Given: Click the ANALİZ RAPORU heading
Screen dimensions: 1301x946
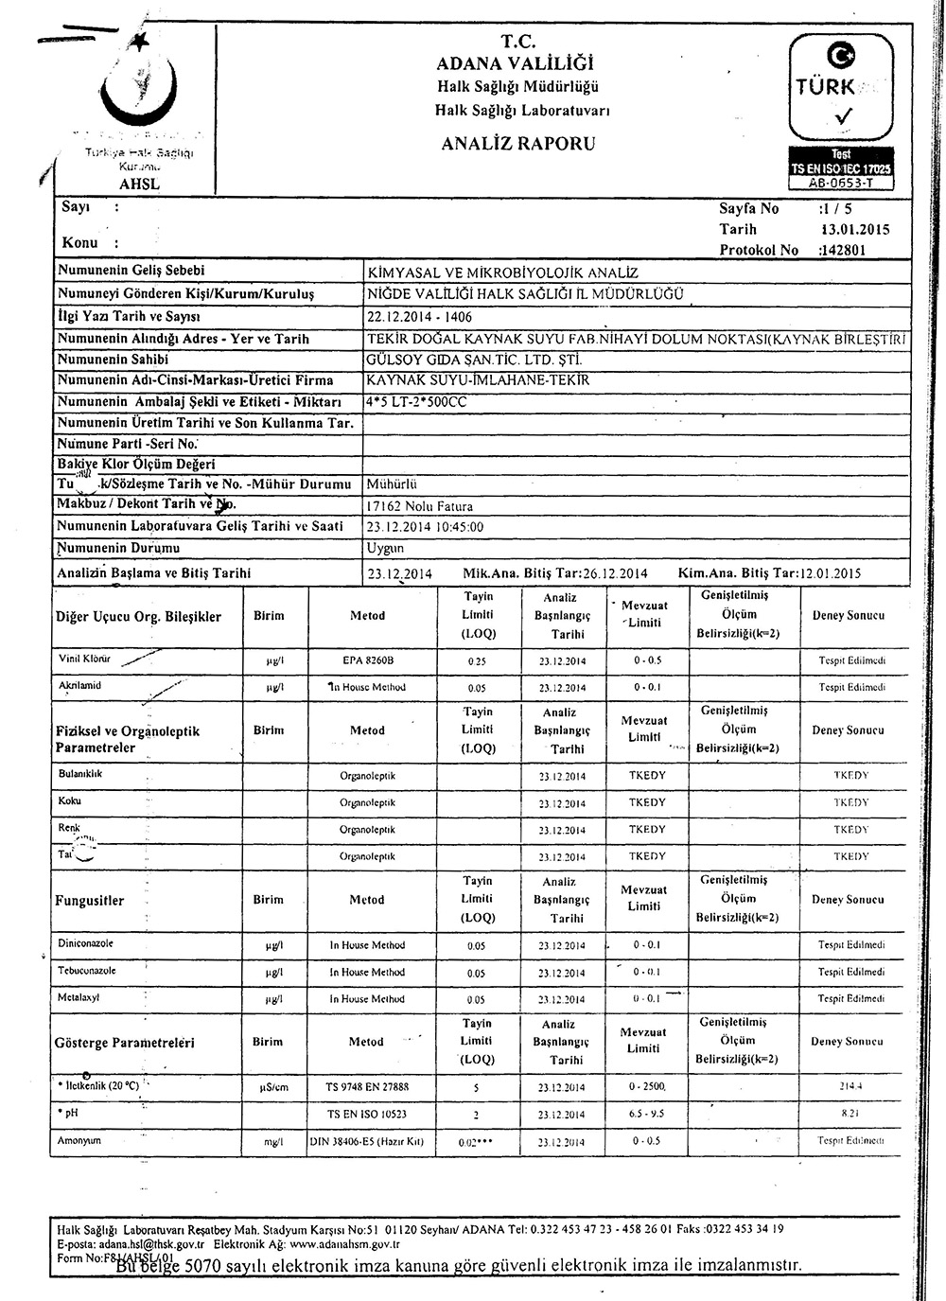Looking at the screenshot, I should click(517, 144).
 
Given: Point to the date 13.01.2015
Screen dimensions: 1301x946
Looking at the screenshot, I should click(856, 229).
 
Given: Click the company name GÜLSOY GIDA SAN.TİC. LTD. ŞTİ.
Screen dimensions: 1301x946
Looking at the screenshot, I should click(473, 360).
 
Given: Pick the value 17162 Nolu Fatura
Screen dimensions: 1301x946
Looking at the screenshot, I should click(419, 506).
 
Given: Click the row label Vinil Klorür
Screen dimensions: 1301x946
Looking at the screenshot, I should click(85, 658).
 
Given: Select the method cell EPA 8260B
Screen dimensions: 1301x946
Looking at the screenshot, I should click(367, 660).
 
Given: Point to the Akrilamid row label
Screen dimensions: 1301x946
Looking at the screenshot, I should click(79, 684).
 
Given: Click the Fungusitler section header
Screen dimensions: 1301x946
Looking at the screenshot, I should click(90, 901).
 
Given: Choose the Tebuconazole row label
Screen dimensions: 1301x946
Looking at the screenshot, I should click(86, 971).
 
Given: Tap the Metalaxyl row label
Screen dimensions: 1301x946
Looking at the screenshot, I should click(79, 997).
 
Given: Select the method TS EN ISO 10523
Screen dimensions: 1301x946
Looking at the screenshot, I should click(367, 1115).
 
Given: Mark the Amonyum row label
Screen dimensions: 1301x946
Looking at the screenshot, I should click(79, 1141).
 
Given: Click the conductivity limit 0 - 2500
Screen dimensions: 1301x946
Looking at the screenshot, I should click(648, 1087).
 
